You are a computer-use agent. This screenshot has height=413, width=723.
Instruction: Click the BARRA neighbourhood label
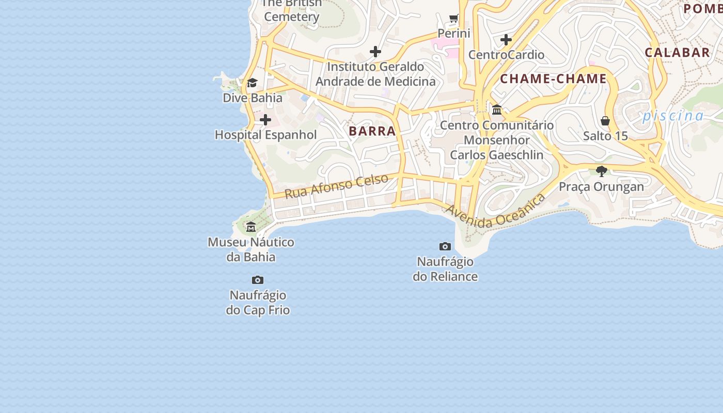click(x=372, y=131)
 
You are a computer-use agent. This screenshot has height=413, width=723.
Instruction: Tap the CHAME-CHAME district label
click(x=553, y=79)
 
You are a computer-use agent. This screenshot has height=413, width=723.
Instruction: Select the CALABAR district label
click(x=677, y=52)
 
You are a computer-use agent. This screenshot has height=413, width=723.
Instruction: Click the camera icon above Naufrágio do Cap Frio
click(x=258, y=280)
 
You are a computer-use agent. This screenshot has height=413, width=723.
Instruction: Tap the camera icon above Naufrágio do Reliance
click(x=445, y=246)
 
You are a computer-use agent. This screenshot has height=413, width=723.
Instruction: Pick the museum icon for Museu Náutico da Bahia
click(x=251, y=227)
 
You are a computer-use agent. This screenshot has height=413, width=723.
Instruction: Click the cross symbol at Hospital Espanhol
click(x=265, y=120)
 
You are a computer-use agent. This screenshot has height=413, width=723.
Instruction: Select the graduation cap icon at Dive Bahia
click(x=252, y=83)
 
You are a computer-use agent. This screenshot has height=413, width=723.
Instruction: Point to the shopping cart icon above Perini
click(x=454, y=19)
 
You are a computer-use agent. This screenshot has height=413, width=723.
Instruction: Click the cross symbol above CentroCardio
click(x=506, y=39)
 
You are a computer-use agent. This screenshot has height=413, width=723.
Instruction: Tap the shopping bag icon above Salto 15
click(x=605, y=121)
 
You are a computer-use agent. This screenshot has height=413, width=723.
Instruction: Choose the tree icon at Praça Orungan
click(x=601, y=171)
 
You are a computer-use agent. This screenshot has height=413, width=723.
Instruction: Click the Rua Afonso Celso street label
click(x=336, y=186)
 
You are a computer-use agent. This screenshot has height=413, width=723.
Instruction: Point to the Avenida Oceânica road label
click(x=495, y=211)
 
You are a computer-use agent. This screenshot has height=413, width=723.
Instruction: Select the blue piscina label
click(x=673, y=116)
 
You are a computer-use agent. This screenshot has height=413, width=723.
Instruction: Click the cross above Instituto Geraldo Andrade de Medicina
click(x=375, y=52)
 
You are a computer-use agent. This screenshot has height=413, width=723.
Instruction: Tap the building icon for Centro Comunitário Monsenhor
click(x=497, y=109)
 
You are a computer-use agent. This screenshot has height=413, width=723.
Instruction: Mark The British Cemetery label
click(x=292, y=10)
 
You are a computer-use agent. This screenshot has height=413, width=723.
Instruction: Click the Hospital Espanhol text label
click(x=265, y=135)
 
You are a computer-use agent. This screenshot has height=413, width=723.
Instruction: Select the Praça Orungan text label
click(x=601, y=186)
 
